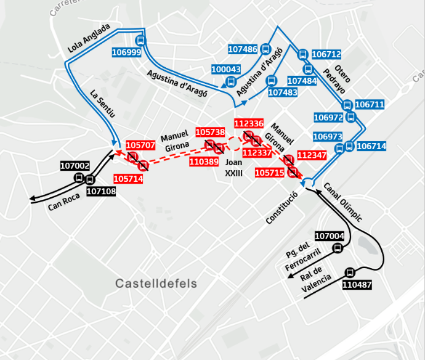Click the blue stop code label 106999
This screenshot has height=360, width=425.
click(126, 53)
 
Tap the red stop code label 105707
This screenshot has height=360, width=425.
click(140, 145)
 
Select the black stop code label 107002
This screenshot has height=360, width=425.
click(75, 166)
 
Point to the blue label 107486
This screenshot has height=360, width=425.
click(243, 49)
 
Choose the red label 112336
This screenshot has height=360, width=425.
click(249, 124)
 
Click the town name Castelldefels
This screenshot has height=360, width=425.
click(156, 284)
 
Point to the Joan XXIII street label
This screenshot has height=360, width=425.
click(234, 168)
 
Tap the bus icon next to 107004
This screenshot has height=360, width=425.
click(337, 248)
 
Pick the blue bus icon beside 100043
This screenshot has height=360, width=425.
click(231, 81)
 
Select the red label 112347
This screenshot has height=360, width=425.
click(312, 155)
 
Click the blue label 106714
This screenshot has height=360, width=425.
click(371, 146)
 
